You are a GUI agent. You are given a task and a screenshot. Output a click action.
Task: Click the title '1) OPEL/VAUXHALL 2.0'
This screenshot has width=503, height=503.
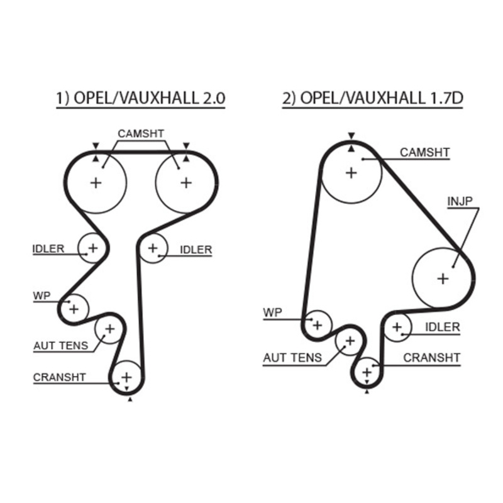(141, 99)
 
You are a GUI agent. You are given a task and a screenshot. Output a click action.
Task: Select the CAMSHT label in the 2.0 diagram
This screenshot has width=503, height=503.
(141, 134)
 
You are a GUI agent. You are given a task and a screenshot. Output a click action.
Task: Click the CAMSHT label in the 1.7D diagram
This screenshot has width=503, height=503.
(425, 152)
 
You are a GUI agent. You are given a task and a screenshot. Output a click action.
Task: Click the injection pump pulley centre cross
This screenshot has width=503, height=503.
(443, 278)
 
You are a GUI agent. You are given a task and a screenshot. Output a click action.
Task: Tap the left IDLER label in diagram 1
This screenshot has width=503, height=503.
(48, 249)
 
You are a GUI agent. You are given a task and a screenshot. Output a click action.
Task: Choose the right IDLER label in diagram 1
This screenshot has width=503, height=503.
(196, 250)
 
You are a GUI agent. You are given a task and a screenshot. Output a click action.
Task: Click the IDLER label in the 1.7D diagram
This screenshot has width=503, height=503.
(442, 328)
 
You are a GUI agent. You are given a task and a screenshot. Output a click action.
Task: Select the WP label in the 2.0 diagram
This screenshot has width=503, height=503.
(42, 294)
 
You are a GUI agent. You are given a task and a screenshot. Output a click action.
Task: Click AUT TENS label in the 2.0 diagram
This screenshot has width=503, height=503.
(61, 345)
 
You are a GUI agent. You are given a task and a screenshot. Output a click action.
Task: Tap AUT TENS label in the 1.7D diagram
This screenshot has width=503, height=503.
(292, 358)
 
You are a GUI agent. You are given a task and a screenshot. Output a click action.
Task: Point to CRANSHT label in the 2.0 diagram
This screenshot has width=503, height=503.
(59, 377)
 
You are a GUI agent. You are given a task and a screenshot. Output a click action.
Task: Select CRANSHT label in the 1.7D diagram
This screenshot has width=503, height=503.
(431, 358)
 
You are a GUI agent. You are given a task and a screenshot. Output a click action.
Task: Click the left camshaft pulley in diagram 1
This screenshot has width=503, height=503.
(96, 183)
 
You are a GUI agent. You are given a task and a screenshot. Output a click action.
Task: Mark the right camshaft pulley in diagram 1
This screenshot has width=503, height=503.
(185, 183)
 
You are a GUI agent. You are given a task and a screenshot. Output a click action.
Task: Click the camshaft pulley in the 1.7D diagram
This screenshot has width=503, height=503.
(351, 172)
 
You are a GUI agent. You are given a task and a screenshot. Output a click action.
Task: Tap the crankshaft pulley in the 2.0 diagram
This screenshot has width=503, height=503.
(126, 377)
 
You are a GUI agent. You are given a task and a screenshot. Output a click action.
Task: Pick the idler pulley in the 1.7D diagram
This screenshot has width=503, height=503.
(397, 327)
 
